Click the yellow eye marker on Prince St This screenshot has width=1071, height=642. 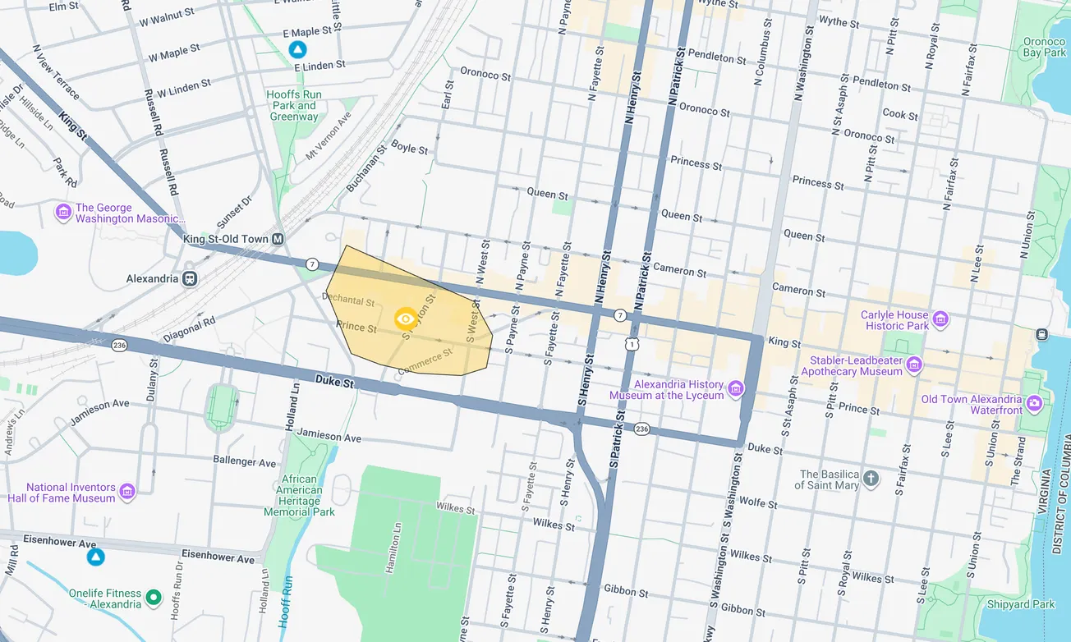(x=405, y=319)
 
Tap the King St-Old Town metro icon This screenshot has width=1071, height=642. (x=278, y=239)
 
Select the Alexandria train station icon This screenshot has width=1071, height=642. (x=190, y=278)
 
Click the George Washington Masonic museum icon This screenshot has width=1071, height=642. (x=63, y=213)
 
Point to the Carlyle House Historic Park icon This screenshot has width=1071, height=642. (x=940, y=319)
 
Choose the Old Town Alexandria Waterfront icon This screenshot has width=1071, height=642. (x=1034, y=404)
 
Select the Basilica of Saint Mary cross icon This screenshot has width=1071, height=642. (x=871, y=479)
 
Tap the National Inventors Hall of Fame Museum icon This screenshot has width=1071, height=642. (x=126, y=492)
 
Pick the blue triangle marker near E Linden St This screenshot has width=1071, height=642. (x=297, y=50)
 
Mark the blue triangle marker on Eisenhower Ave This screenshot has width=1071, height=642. (x=96, y=557)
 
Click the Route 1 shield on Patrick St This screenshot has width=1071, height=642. (x=631, y=345)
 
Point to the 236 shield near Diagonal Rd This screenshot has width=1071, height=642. (x=120, y=345)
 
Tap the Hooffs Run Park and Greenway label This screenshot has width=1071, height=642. (x=294, y=106)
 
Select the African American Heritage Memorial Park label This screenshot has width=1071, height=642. (x=299, y=496)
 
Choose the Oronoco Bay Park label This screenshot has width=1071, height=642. (x=1044, y=46)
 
